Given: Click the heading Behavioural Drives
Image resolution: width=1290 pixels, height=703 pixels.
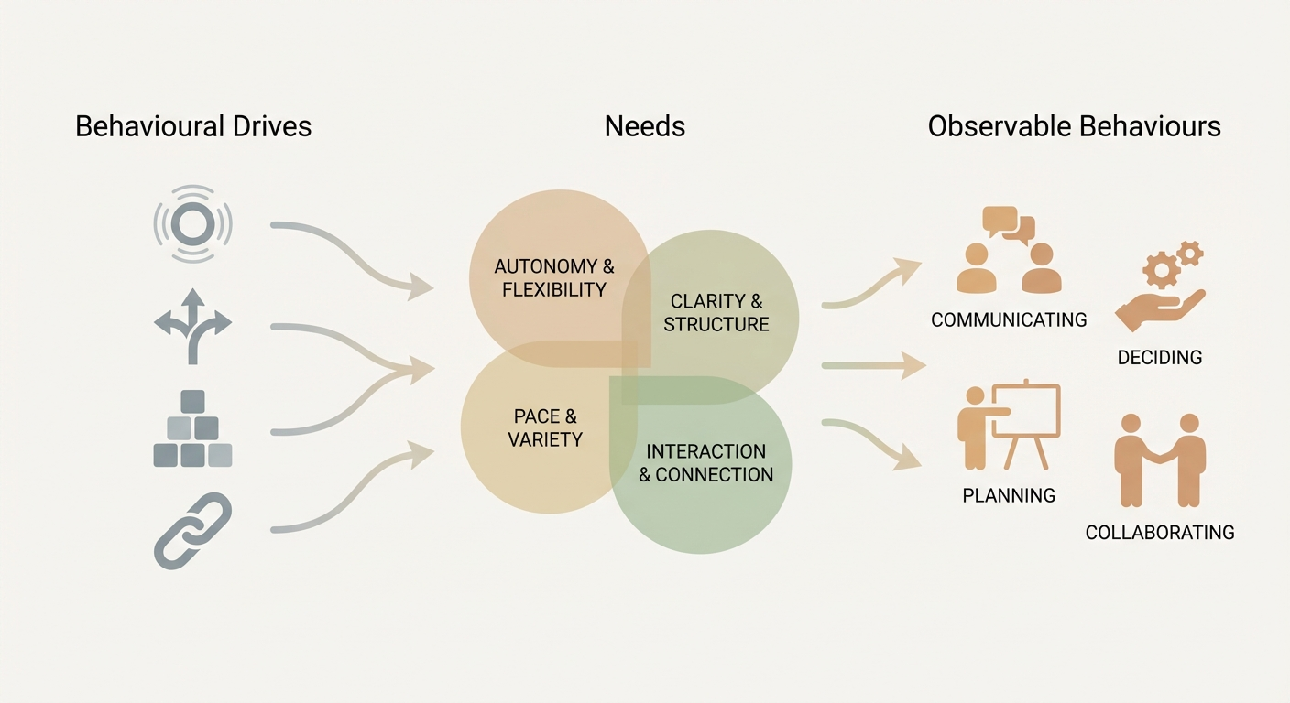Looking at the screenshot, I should pyautogui.click(x=193, y=125).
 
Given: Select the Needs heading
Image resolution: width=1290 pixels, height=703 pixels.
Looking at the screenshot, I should pyautogui.click(x=644, y=125).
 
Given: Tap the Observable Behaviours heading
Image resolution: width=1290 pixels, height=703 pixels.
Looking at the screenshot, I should pyautogui.click(x=1074, y=125).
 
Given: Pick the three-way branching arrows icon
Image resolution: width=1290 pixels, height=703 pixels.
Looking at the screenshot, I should pyautogui.click(x=192, y=325).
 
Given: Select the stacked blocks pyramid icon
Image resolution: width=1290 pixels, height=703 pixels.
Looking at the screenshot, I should pyautogui.click(x=192, y=428).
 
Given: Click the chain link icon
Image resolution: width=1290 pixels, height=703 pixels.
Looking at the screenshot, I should pyautogui.click(x=192, y=530).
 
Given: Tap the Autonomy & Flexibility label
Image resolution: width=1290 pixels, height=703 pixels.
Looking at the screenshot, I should pyautogui.click(x=553, y=278).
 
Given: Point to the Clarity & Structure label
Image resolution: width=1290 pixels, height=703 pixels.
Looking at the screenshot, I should pyautogui.click(x=716, y=312).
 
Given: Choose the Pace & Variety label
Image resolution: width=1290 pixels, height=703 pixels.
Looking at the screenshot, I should pyautogui.click(x=545, y=427).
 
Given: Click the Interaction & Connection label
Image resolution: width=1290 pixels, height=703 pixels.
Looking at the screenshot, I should pyautogui.click(x=705, y=462).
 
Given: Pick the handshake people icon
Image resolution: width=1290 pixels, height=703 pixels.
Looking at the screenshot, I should pyautogui.click(x=1160, y=460).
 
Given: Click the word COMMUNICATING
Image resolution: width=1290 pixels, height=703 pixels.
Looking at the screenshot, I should pyautogui.click(x=1009, y=319).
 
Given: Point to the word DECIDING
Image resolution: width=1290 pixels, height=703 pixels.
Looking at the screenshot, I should pyautogui.click(x=1159, y=357).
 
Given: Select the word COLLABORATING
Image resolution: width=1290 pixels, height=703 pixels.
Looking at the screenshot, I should pyautogui.click(x=1159, y=532).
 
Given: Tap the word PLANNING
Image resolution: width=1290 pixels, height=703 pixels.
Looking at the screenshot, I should pyautogui.click(x=1009, y=495).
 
